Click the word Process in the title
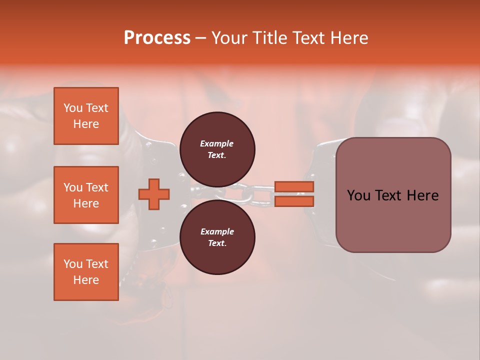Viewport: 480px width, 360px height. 157,38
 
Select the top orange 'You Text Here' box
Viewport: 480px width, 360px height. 86,116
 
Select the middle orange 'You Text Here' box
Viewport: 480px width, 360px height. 86,195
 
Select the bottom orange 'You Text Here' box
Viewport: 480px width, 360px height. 86,272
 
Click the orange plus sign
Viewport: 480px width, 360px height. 154,194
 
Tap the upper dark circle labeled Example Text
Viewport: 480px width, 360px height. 217,149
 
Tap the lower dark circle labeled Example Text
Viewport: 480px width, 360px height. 217,237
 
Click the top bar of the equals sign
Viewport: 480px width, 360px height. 294,187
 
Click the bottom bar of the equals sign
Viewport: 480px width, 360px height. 294,201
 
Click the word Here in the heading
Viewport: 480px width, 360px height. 348,38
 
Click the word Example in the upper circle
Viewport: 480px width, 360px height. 217,143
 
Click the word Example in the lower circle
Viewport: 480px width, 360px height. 217,231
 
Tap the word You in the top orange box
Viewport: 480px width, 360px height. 72,108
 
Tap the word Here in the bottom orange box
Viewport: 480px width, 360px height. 86,280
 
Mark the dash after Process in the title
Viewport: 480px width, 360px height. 201,38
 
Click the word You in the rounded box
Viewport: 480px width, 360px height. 359,195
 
